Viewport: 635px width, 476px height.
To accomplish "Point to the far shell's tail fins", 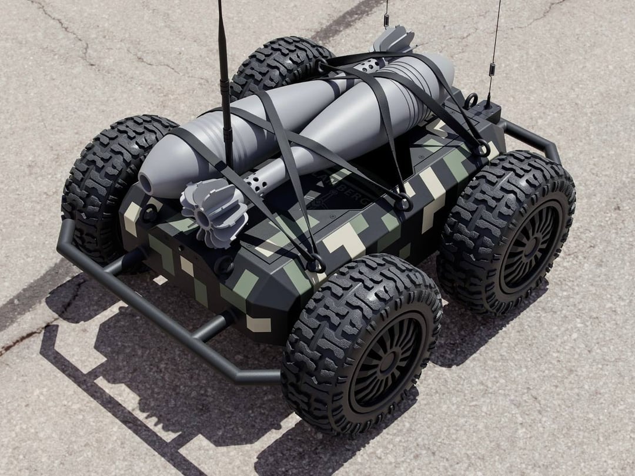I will click(x=393, y=39).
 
